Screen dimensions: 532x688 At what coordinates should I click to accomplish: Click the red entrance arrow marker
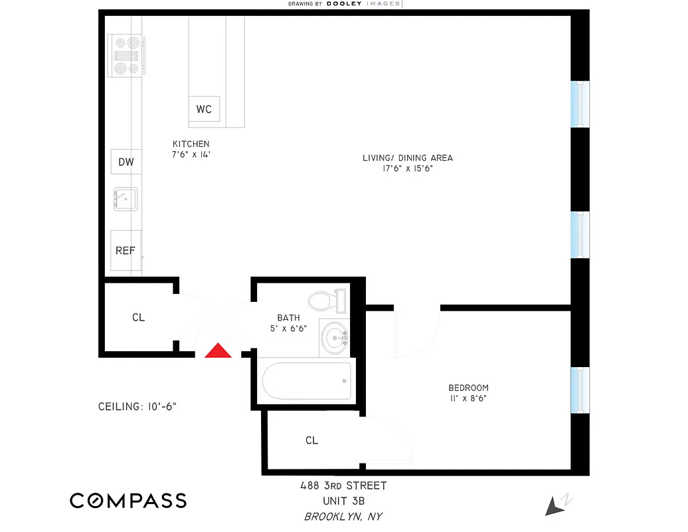(217, 352)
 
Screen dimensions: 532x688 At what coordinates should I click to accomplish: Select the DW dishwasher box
(126, 162)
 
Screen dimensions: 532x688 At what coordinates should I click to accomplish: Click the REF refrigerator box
(126, 251)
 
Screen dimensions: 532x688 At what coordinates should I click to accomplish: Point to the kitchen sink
(125, 198)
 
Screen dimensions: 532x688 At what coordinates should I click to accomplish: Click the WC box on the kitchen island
(204, 109)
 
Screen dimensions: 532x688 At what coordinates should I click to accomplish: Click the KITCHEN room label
(191, 144)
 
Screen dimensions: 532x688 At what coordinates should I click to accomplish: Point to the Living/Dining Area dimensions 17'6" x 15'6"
(407, 169)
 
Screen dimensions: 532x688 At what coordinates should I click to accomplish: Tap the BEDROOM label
(468, 388)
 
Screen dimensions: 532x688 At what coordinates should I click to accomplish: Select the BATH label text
(288, 318)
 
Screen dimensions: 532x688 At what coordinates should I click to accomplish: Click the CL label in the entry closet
(138, 318)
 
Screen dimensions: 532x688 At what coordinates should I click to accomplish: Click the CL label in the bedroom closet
(311, 440)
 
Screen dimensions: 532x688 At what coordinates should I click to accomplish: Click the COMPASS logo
(128, 501)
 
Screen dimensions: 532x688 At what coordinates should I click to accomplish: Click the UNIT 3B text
(343, 501)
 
